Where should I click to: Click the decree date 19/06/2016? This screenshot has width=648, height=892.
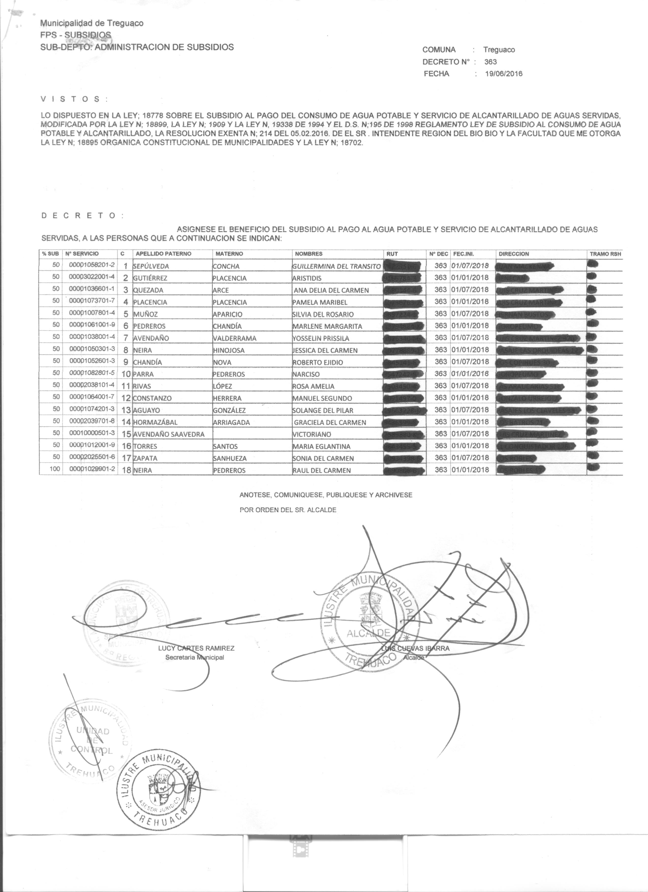coord(504,73)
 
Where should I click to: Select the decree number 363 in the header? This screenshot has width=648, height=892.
coord(491,62)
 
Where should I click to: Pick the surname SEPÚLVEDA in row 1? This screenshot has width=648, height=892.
coord(151,266)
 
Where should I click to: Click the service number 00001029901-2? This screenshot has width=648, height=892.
coord(91,470)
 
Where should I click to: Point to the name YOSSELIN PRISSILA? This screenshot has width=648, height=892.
coord(321,338)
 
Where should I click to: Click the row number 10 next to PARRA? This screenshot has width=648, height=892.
coord(126,374)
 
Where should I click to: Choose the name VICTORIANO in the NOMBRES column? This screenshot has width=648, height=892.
coord(312,434)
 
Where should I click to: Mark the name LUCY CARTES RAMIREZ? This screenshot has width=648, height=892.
coord(196,648)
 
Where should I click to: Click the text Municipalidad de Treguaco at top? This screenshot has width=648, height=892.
coord(92,23)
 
